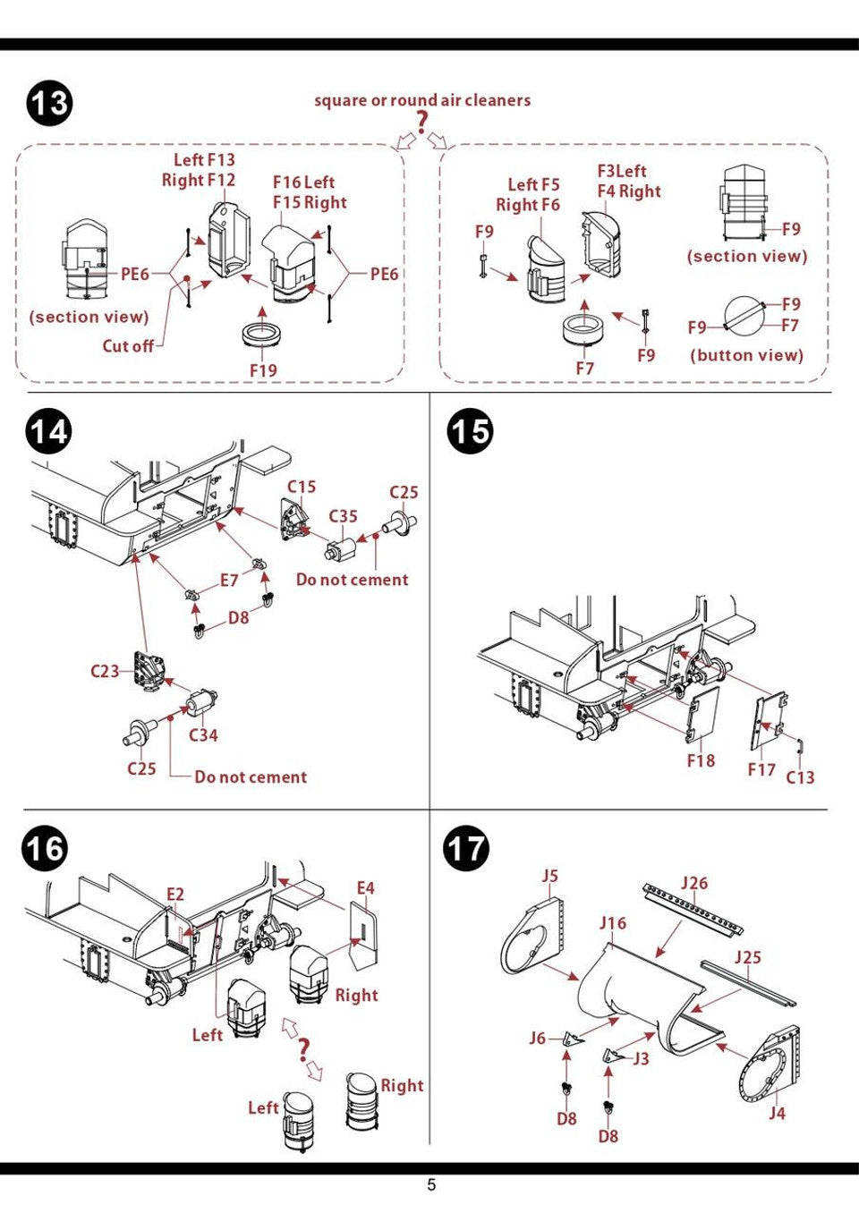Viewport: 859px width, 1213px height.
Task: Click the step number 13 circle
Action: pyautogui.click(x=49, y=104)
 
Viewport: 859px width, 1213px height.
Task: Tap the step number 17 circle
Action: pyautogui.click(x=466, y=848)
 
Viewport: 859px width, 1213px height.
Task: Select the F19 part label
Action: pyautogui.click(x=263, y=370)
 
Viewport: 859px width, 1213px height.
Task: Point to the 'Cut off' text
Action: pyautogui.click(x=128, y=346)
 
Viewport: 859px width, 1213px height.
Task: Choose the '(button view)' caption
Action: pyautogui.click(x=746, y=355)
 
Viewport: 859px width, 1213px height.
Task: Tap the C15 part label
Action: pyautogui.click(x=302, y=487)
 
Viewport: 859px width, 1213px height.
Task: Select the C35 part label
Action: pyautogui.click(x=343, y=516)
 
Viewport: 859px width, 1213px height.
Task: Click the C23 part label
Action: pyautogui.click(x=105, y=671)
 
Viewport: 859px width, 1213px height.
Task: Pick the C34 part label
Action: pyautogui.click(x=203, y=735)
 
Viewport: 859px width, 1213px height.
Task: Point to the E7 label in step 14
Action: pyautogui.click(x=229, y=581)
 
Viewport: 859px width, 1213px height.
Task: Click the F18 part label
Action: pyautogui.click(x=701, y=761)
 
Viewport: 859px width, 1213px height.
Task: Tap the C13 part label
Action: pyautogui.click(x=800, y=777)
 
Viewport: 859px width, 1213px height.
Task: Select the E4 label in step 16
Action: pyautogui.click(x=365, y=888)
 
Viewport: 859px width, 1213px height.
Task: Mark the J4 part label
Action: pyautogui.click(x=777, y=1114)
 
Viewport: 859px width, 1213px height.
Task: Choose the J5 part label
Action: pyautogui.click(x=549, y=876)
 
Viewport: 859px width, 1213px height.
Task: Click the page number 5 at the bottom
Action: pyautogui.click(x=431, y=1185)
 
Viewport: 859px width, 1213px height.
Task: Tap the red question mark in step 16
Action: pyautogui.click(x=304, y=1048)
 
